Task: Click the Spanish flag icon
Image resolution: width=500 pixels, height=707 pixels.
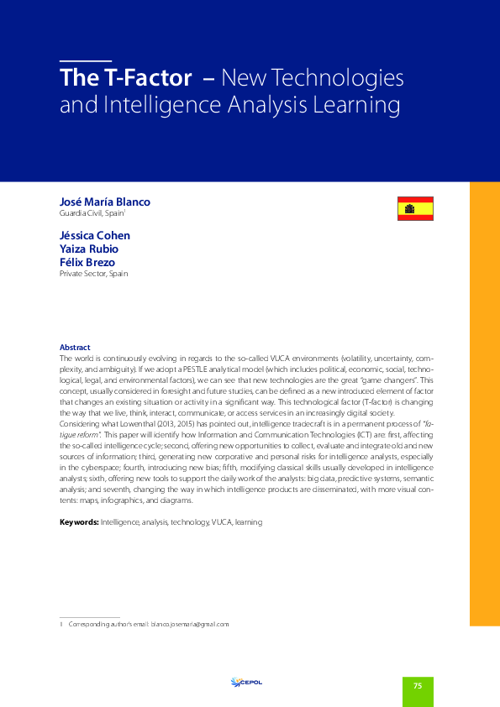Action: click(415, 208)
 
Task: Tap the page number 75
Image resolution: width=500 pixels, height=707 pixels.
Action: click(418, 686)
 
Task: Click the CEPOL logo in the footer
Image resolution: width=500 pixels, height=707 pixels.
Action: click(247, 682)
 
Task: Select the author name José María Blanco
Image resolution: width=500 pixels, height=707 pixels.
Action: click(105, 202)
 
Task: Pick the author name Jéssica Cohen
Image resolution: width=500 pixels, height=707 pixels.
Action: click(95, 235)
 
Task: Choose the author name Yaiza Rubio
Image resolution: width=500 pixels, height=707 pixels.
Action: click(88, 249)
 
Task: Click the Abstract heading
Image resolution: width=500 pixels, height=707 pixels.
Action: click(75, 348)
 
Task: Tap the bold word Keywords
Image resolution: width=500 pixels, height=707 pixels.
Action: click(78, 522)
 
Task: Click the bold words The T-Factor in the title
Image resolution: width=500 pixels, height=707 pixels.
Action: click(125, 79)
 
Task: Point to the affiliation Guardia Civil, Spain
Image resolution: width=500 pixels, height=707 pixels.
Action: click(92, 214)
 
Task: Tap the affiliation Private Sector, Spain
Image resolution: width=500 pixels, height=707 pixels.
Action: click(93, 274)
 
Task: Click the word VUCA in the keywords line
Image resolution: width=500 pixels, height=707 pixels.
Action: click(222, 522)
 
